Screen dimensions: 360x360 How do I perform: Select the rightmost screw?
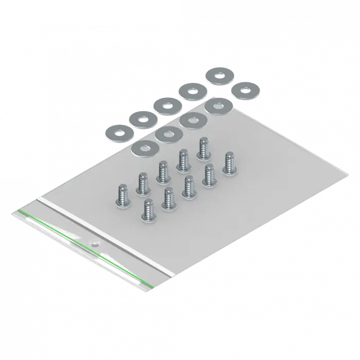(x=228, y=164)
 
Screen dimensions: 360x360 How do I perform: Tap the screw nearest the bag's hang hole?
(x=149, y=211)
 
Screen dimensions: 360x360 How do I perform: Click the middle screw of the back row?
(x=164, y=172)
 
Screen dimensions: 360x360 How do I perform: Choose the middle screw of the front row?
(x=189, y=187)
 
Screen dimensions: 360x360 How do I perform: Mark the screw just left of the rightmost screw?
(x=209, y=175)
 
